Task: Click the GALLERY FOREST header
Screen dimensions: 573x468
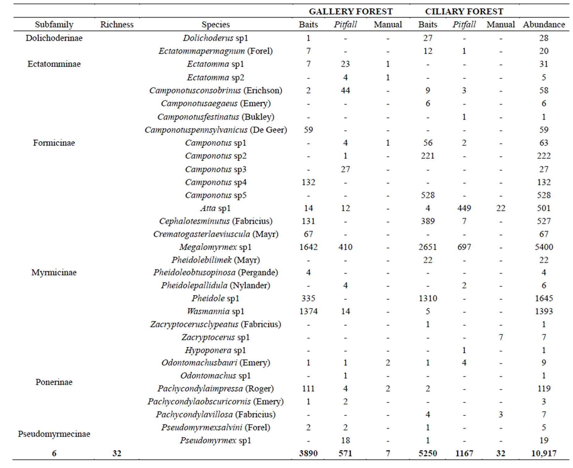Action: (x=351, y=11)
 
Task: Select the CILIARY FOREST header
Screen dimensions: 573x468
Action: (x=464, y=11)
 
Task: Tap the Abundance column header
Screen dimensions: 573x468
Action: (x=544, y=24)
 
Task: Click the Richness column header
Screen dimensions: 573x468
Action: (x=117, y=24)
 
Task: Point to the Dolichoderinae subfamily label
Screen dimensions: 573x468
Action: (x=54, y=38)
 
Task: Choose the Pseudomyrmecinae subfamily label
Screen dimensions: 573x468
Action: (x=54, y=434)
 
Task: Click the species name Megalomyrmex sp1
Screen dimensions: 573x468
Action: (x=215, y=247)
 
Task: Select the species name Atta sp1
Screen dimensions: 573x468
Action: (x=215, y=208)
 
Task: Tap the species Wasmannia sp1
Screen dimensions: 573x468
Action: (x=215, y=311)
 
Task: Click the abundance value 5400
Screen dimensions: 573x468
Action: (x=544, y=247)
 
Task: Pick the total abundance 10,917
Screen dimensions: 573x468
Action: (x=544, y=453)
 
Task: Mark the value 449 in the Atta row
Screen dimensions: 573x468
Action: (x=464, y=208)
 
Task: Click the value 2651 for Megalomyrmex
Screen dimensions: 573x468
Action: (x=428, y=247)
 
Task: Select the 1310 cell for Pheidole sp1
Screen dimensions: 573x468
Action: (x=428, y=298)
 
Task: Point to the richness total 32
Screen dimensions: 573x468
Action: (x=117, y=453)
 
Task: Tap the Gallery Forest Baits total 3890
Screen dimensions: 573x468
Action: (x=308, y=453)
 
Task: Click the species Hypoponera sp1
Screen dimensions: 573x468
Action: (x=215, y=350)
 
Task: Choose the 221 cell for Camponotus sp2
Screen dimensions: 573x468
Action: (x=428, y=156)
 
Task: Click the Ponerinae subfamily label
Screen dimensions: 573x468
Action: (x=54, y=382)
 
